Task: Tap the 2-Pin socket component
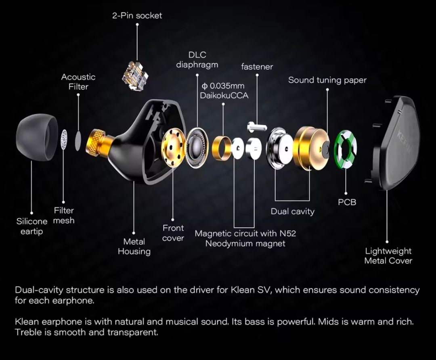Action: click(x=135, y=73)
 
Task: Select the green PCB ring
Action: click(x=345, y=150)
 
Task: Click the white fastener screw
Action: click(x=257, y=126)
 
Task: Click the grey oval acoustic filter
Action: click(x=78, y=141)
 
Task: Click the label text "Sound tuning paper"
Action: click(x=327, y=80)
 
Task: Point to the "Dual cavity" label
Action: click(x=293, y=211)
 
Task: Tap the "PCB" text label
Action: click(x=347, y=202)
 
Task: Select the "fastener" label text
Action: click(x=257, y=67)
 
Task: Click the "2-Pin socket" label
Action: click(x=137, y=16)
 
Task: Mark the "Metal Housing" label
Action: click(x=134, y=246)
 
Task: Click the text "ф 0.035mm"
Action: click(x=222, y=86)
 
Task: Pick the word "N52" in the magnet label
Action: click(x=288, y=233)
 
